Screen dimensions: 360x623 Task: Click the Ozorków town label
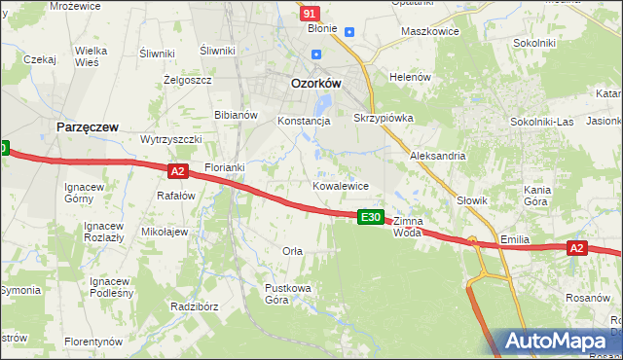click(316, 84)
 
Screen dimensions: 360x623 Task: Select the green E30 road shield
click(370, 216)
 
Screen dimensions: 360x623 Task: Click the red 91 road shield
click(310, 13)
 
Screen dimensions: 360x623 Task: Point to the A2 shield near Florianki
click(177, 171)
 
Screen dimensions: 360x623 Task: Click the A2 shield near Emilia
click(577, 248)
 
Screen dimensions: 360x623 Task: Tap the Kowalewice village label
click(340, 185)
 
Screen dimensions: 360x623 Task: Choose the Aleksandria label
click(438, 156)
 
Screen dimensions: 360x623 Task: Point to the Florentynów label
click(93, 342)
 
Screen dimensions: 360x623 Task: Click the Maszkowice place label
click(430, 31)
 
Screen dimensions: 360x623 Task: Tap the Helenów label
click(409, 77)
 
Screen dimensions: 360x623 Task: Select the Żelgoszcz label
click(188, 80)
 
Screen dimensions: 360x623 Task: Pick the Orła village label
click(292, 251)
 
